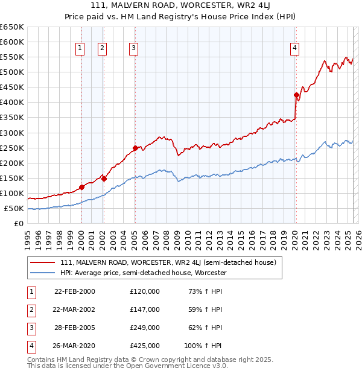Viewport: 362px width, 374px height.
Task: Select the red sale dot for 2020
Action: coord(296,95)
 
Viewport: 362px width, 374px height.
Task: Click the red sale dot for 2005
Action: coord(135,148)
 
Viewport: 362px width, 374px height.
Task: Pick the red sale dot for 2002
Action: coord(104,179)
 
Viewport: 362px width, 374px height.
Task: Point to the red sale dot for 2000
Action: coord(81,187)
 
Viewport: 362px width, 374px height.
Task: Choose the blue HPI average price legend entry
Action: coord(143,273)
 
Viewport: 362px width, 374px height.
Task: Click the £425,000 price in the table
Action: coord(145,346)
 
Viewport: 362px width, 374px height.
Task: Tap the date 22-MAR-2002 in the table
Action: coord(74,309)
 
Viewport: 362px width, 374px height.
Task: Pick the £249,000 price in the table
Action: coord(145,328)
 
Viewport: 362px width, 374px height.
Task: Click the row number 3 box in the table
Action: coord(30,328)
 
